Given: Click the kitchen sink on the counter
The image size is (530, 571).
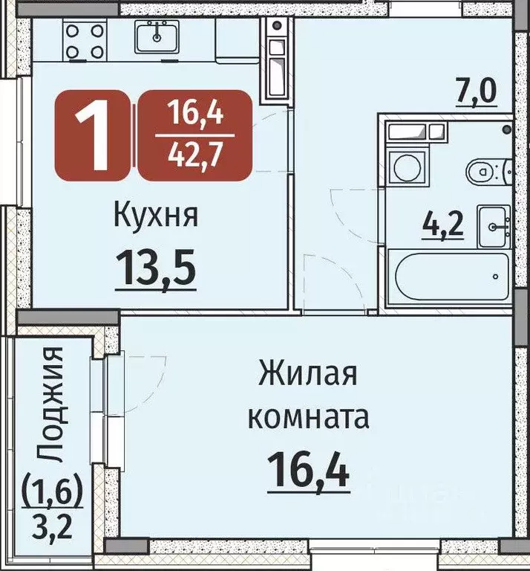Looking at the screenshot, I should tap(157, 35).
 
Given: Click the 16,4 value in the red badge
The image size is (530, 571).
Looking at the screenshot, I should tap(196, 115).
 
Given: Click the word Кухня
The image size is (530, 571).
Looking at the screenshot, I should tap(155, 216).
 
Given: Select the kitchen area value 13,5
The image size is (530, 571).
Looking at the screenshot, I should tap(155, 265).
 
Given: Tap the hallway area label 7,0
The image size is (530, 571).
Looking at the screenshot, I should tap(475, 95).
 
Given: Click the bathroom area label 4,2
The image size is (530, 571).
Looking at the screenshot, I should tap(444, 224).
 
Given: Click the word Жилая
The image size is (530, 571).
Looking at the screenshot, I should tap(307, 373).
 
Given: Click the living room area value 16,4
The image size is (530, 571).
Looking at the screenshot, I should tap(307, 470).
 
